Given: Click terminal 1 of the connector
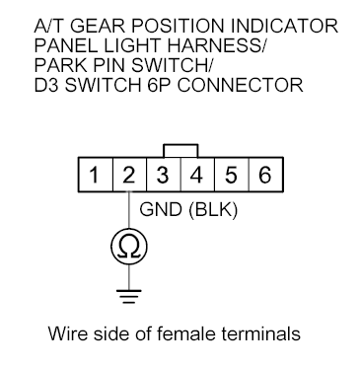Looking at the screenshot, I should tap(94, 178).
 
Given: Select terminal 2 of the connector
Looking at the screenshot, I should tap(128, 178).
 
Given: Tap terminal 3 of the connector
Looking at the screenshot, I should tap(163, 178).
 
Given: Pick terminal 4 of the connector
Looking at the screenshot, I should tap(197, 178).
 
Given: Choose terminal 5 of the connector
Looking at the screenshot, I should tap(231, 178).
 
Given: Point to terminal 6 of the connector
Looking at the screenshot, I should tap(264, 178).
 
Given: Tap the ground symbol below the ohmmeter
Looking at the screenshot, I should tap(128, 293).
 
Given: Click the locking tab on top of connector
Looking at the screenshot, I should tap(180, 150).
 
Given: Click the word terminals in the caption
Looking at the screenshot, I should tap(262, 332).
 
